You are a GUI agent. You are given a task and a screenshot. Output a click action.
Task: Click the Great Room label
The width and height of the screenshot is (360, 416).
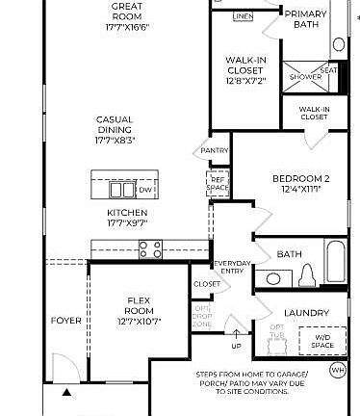point(126,15)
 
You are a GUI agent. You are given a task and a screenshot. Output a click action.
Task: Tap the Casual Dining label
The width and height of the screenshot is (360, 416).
point(114,129)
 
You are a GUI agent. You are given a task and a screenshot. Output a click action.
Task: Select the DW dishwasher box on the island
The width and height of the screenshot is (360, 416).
point(145,191)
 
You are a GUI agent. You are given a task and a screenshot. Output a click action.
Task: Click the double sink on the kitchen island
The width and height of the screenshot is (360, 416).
point(122,190)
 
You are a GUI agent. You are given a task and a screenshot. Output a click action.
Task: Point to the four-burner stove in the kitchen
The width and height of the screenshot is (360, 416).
point(150,249)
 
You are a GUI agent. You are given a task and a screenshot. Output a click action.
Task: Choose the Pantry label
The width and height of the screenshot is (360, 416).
point(214,150)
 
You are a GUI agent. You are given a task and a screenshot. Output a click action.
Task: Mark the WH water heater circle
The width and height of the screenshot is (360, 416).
point(337,370)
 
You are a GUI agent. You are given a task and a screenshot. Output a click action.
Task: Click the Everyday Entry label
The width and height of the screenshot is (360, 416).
point(232,266)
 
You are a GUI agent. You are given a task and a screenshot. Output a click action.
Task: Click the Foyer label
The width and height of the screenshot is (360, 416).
point(66,321)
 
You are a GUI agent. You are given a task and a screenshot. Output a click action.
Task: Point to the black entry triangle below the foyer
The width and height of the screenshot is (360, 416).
point(66,393)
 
